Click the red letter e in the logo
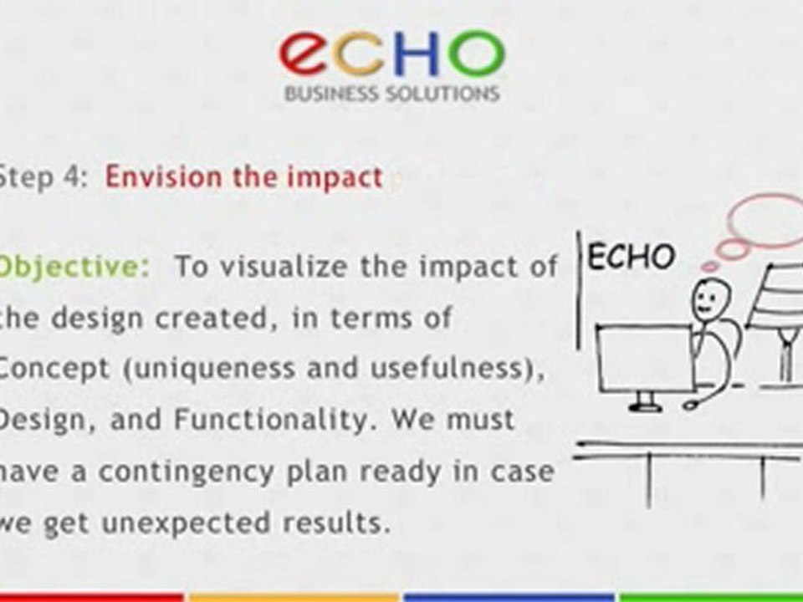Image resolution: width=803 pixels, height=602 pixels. click(x=306, y=53)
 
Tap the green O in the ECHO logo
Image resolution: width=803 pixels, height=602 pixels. click(x=477, y=53)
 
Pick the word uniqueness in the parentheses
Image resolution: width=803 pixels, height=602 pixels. click(x=209, y=370)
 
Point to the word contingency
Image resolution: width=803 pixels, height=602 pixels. click(x=186, y=472)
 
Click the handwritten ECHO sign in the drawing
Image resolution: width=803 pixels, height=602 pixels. click(x=631, y=257)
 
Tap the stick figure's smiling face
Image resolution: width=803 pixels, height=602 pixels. click(x=709, y=300)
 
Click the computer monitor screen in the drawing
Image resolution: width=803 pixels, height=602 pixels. click(x=645, y=360)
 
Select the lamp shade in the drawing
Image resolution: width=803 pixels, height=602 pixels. click(x=777, y=297)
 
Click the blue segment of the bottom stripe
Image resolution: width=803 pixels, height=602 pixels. click(x=509, y=597)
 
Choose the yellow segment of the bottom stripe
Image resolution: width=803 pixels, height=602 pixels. click(x=294, y=597)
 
